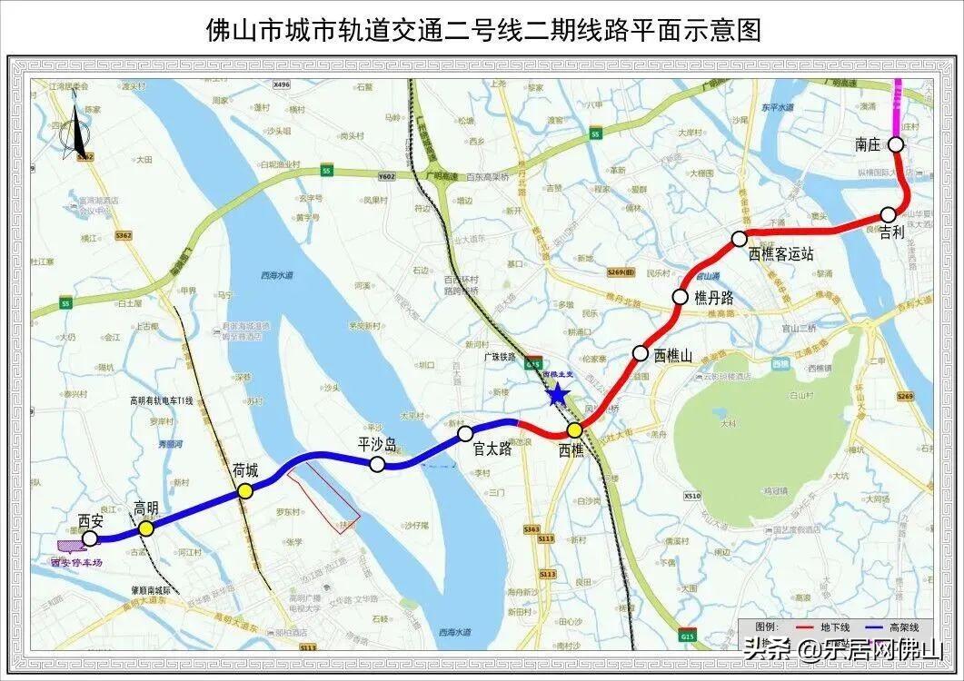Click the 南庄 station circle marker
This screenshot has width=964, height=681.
[x=895, y=143]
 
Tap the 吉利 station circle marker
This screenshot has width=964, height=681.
[x=888, y=214]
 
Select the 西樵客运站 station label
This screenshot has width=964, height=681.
[x=780, y=255]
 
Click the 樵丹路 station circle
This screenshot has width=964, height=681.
[x=680, y=297]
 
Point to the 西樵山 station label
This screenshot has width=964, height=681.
[x=672, y=355]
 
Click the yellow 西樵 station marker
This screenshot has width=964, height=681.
[x=574, y=430]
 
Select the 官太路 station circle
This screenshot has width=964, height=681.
[x=465, y=433]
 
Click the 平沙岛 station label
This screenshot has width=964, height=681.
[x=377, y=444]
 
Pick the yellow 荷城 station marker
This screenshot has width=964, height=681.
[x=244, y=491]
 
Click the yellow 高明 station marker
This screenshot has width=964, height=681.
[x=146, y=528]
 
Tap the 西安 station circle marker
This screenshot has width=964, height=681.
[x=89, y=539]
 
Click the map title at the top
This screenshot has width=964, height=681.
[x=482, y=30]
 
